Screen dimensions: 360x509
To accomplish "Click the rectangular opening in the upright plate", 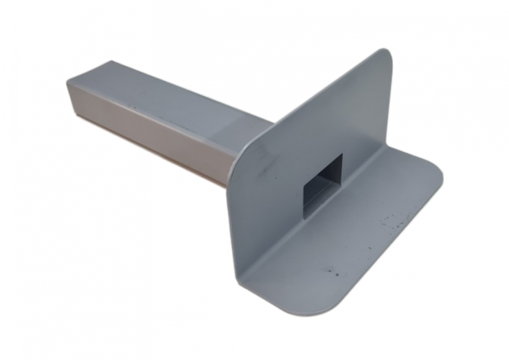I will coord(323,181).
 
